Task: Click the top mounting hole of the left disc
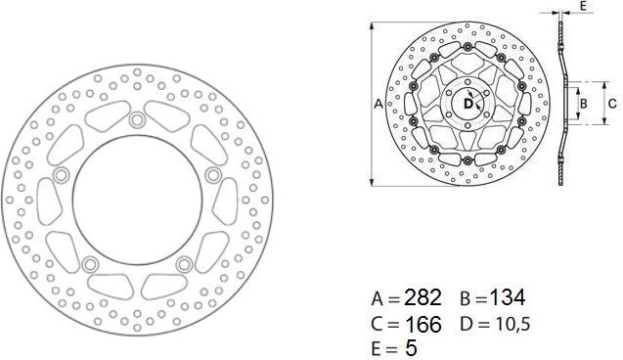(x=136, y=119)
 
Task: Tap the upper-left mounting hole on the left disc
(x=63, y=175)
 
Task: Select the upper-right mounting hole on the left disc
(x=210, y=175)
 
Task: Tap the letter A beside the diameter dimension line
(x=378, y=103)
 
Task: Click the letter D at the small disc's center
(x=467, y=102)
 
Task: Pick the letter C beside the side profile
(x=611, y=102)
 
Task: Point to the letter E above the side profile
(x=583, y=6)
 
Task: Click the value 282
(x=423, y=297)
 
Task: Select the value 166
(x=423, y=322)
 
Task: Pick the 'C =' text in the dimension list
(x=384, y=323)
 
